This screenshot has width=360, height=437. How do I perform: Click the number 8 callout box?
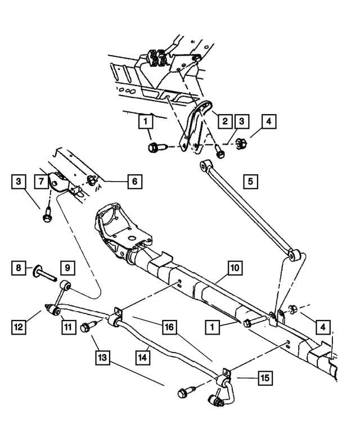click(x=18, y=267)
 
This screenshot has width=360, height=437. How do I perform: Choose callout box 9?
click(x=67, y=267)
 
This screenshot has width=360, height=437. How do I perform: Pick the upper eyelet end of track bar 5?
click(x=205, y=164)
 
